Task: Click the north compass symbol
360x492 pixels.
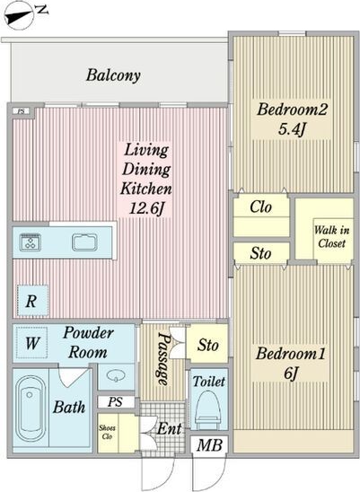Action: click(20, 15)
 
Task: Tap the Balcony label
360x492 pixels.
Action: click(113, 75)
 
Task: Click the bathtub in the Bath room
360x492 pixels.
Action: click(31, 408)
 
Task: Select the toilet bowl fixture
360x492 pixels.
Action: click(207, 410)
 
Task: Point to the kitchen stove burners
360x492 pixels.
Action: click(31, 242)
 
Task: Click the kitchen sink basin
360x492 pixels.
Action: click(84, 242)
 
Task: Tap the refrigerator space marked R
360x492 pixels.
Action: click(32, 301)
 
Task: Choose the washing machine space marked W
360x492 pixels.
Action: click(32, 343)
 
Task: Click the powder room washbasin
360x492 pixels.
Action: click(116, 375)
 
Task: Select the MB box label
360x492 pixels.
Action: click(209, 445)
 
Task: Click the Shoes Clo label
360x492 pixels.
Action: click(107, 432)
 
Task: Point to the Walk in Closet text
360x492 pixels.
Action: click(331, 237)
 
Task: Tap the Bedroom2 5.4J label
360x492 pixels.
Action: click(292, 119)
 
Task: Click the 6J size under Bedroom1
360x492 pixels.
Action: click(291, 373)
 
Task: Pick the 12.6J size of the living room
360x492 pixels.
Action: click(146, 208)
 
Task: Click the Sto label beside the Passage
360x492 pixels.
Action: click(207, 346)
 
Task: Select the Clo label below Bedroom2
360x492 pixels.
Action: click(260, 207)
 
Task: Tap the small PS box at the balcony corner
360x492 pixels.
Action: click(22, 111)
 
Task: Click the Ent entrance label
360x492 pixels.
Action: click(169, 428)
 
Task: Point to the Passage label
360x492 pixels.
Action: click(164, 358)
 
